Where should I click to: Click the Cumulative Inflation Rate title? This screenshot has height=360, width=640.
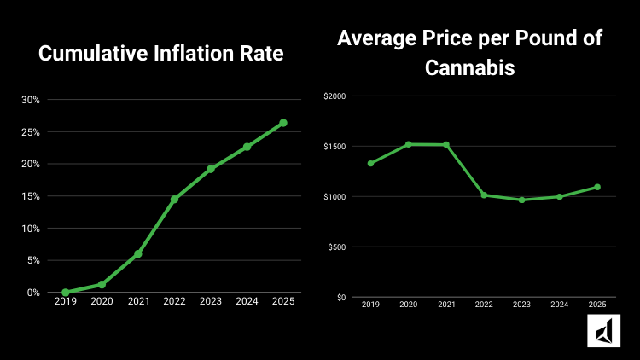coord(161,54)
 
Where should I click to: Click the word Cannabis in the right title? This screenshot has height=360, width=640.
coord(469,67)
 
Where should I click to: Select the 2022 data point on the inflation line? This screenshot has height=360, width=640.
coord(174,200)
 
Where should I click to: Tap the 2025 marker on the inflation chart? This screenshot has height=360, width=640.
coord(283,123)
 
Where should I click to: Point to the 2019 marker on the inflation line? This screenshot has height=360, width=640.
coord(66,293)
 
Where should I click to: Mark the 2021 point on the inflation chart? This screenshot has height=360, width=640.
coord(137,254)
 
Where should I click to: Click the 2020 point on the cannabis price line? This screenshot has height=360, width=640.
coord(409,144)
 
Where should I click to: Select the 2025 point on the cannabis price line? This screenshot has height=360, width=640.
coord(597,187)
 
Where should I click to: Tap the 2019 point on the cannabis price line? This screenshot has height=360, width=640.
coord(370,163)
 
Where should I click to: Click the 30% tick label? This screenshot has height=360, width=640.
coord(31,100)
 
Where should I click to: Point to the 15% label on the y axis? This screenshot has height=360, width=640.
coord(31,196)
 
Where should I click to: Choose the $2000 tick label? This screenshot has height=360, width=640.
coord(335,96)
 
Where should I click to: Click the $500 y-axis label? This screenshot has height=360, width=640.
coord(336,247)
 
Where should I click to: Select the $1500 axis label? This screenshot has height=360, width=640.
coord(335,147)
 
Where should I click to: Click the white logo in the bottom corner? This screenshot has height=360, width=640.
coord(603,331)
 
